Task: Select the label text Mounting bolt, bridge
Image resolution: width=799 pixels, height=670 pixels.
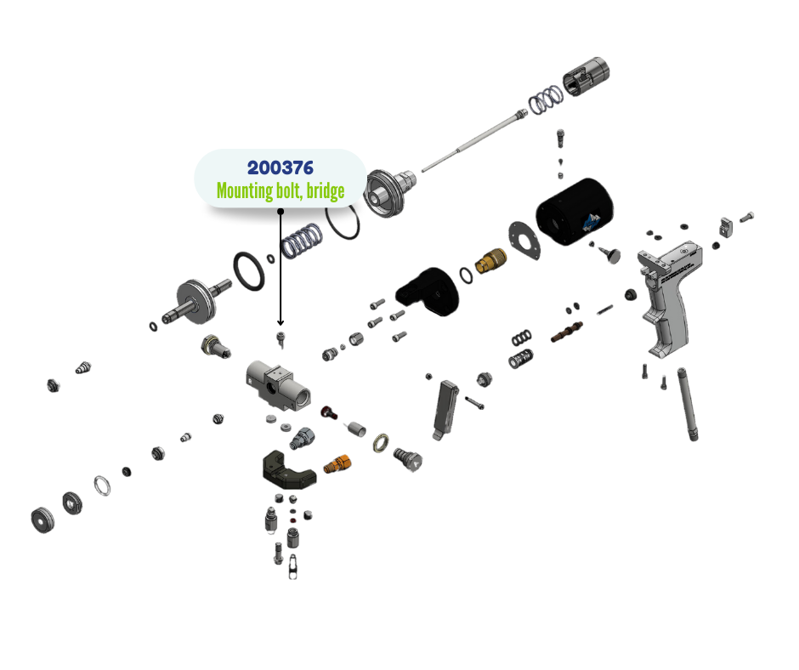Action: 280,190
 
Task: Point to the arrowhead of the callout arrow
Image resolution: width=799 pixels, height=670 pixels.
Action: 280,323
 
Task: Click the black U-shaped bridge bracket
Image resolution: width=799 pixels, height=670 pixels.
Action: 286,470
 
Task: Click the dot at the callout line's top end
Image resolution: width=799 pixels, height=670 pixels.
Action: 280,210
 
